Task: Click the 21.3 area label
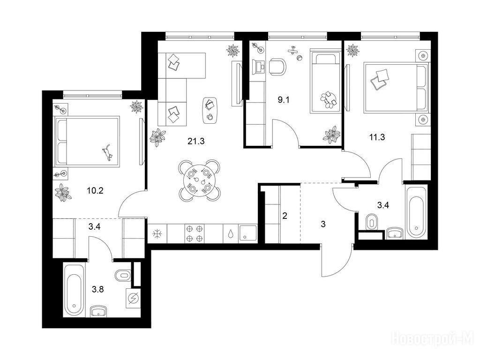(196, 141)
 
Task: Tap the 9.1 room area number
(284, 100)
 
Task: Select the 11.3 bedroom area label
(377, 137)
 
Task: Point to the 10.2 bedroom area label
(95, 191)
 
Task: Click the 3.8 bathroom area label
(98, 289)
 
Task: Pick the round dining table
(200, 180)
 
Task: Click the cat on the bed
(107, 152)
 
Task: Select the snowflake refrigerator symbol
(157, 234)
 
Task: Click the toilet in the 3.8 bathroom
(123, 275)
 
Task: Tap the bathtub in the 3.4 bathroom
(416, 212)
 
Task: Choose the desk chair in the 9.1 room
(278, 67)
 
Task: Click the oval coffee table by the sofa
(210, 110)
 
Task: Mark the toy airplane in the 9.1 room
(294, 50)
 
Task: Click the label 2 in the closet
(285, 216)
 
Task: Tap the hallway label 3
(323, 224)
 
